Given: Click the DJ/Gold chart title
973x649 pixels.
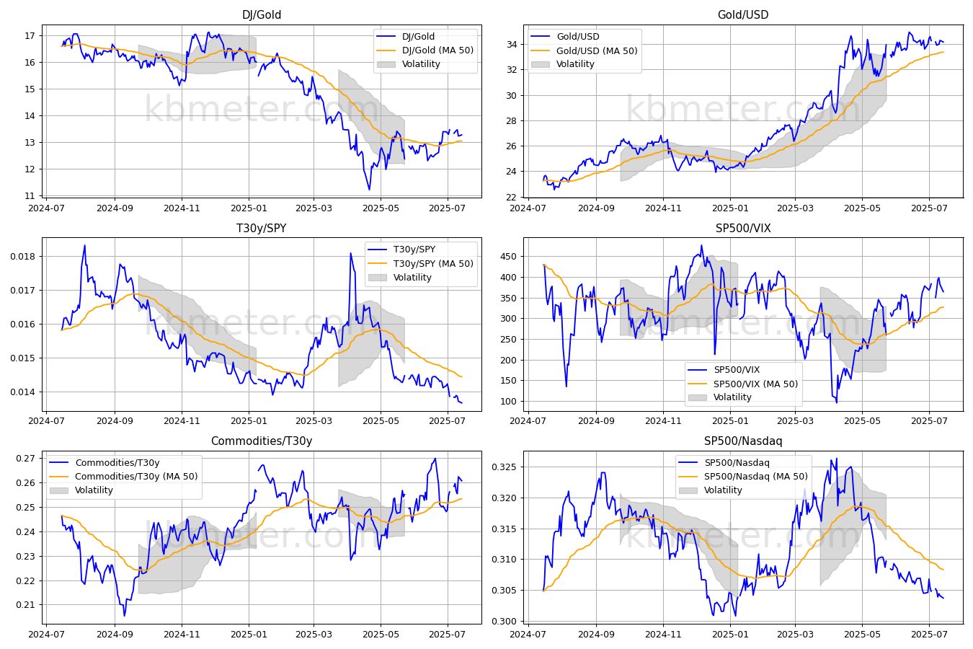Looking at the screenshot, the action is point(262,14).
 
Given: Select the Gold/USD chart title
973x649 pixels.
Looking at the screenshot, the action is point(743,14).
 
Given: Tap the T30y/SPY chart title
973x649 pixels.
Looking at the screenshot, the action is point(262,228).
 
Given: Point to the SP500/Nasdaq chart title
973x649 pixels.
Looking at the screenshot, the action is point(743,441).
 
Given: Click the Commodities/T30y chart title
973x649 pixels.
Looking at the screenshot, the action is point(262,441).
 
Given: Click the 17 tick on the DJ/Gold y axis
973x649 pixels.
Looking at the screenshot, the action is point(30,35).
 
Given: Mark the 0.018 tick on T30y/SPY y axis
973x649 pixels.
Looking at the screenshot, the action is point(23,257).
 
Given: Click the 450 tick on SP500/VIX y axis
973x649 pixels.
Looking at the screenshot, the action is point(509,257).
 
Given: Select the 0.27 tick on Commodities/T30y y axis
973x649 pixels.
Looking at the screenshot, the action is point(26,458).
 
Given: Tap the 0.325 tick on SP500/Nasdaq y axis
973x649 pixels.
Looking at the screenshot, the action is point(505,467).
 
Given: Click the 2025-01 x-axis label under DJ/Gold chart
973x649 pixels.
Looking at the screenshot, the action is point(249,208).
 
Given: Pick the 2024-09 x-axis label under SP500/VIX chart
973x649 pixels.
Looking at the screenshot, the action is point(596,421).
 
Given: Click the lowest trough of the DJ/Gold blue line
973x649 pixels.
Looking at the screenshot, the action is point(370,190).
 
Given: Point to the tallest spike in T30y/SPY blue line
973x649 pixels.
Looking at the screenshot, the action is point(350,253).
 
